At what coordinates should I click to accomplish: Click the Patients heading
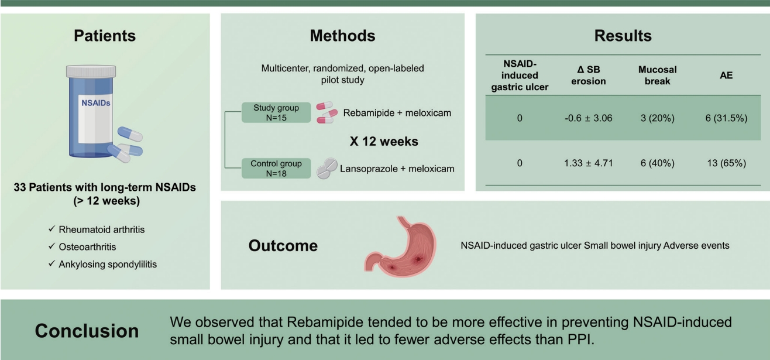pyautogui.click(x=105, y=36)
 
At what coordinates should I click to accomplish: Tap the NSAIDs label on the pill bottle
pyautogui.click(x=95, y=103)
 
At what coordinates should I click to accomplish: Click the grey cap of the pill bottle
pyautogui.click(x=91, y=71)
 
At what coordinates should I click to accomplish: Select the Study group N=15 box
pyautogui.click(x=276, y=112)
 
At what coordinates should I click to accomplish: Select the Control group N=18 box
pyautogui.click(x=276, y=168)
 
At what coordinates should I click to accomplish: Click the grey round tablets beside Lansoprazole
pyautogui.click(x=326, y=169)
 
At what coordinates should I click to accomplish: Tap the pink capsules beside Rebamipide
pyautogui.click(x=326, y=112)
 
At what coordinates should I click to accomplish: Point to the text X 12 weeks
pyautogui.click(x=384, y=141)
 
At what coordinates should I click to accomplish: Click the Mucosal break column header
pyautogui.click(x=657, y=76)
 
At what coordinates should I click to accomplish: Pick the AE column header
pyautogui.click(x=726, y=76)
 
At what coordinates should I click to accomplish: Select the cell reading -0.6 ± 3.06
pyautogui.click(x=588, y=118)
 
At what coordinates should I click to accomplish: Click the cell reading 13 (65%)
pyautogui.click(x=726, y=163)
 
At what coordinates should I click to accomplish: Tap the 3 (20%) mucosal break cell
pyautogui.click(x=657, y=118)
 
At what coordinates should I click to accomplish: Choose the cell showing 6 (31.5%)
pyautogui.click(x=726, y=118)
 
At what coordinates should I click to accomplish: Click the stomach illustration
pyautogui.click(x=400, y=246)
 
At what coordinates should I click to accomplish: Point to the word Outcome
pyautogui.click(x=283, y=245)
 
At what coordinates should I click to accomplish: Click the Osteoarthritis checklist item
pyautogui.click(x=87, y=247)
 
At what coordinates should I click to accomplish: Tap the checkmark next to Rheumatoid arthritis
pyautogui.click(x=51, y=229)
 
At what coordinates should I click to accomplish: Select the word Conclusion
pyautogui.click(x=87, y=331)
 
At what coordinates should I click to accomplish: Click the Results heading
pyautogui.click(x=623, y=36)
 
